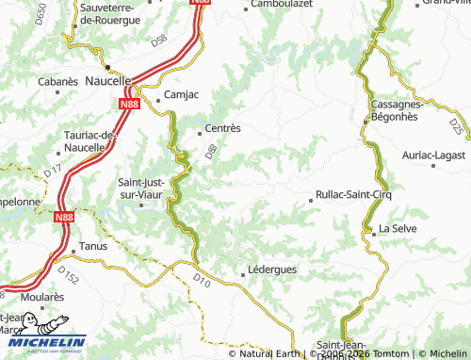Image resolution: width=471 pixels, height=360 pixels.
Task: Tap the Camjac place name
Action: click(182, 95)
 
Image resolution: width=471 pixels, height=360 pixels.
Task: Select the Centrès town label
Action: click(224, 128)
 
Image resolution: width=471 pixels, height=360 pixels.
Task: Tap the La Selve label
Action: click(398, 229)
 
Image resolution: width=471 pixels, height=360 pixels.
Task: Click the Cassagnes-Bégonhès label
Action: click(398, 110)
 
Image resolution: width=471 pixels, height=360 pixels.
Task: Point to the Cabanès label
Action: click(57, 82)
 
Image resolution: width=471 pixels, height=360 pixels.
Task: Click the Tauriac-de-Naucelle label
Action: click(90, 141)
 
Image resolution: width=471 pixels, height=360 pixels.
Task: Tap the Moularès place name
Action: click(41, 296)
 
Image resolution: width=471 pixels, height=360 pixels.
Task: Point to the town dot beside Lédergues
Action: click(245, 274)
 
